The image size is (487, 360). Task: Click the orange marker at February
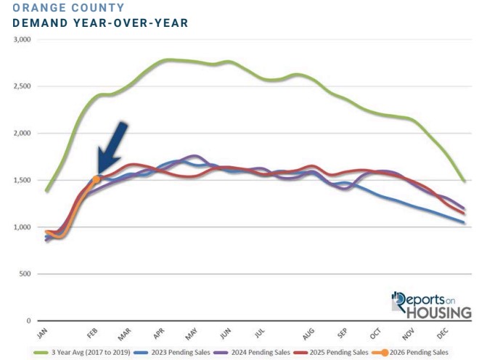tap(97, 179)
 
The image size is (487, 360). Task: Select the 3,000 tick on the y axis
tap(22, 40)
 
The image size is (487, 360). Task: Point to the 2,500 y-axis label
tap(22, 86)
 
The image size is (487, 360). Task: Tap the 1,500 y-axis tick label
tap(22, 180)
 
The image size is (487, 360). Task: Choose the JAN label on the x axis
tap(41, 334)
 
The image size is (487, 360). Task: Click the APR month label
tap(157, 334)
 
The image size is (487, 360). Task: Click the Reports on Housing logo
tap(430, 305)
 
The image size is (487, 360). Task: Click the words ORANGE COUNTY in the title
tap(68, 8)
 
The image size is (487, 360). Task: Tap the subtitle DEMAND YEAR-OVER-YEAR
tap(101, 23)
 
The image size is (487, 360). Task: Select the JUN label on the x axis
tap(226, 334)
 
